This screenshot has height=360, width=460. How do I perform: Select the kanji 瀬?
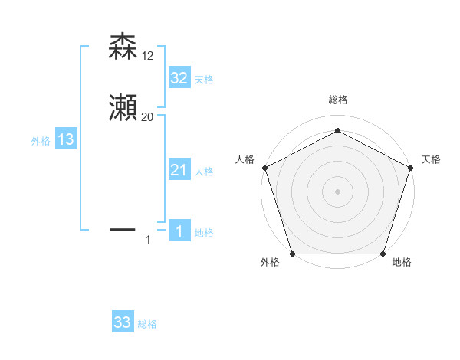point(123,110)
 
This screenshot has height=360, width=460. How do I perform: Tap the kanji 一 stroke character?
point(123,228)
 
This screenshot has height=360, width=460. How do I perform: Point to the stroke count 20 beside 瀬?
point(148,117)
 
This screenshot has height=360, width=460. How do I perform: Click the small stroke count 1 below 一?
point(148,241)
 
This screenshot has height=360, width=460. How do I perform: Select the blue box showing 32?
point(179,77)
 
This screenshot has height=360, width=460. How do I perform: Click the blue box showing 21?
point(179,171)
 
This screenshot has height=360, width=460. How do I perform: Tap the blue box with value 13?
point(66,139)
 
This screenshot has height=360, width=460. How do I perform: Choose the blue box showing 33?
point(123,322)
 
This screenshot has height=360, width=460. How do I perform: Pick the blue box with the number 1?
point(179,232)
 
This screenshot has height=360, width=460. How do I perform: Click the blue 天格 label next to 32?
point(204,79)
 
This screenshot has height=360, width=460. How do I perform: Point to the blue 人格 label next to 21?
point(204,172)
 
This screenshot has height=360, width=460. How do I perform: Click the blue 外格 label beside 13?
point(41,141)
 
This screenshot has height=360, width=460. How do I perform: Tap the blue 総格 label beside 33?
point(148,324)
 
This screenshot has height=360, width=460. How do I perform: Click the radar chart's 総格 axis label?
point(337,100)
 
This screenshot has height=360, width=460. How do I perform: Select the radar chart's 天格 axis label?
point(431,159)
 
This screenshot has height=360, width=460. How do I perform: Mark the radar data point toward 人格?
point(265,168)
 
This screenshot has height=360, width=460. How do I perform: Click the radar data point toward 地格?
point(383,254)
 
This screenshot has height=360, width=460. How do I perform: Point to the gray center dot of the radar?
point(337,191)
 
